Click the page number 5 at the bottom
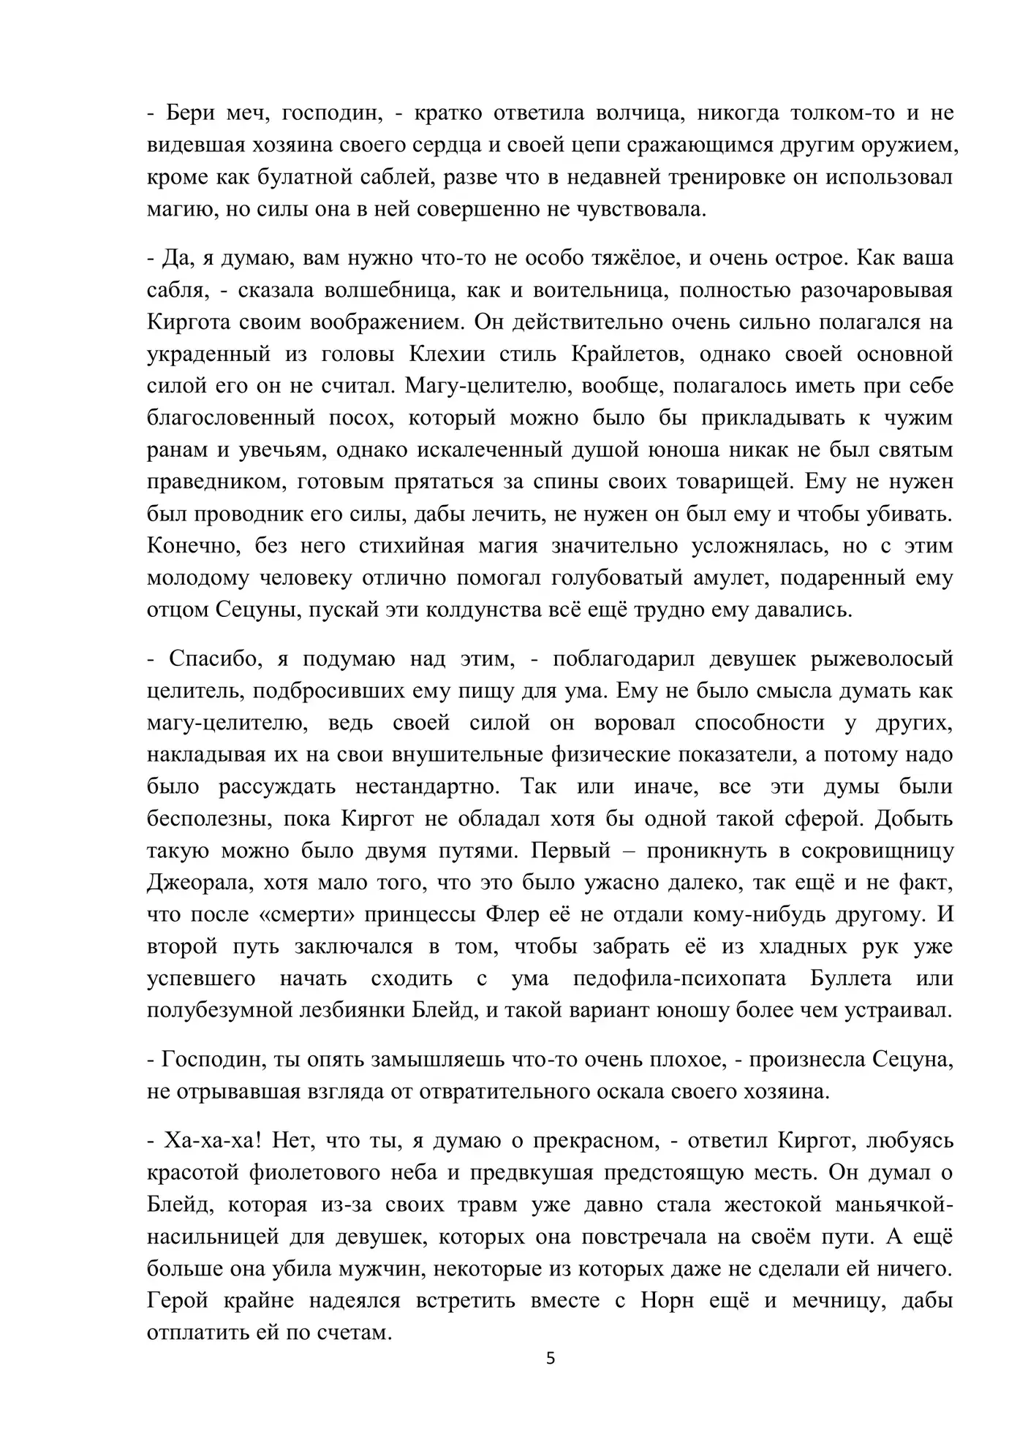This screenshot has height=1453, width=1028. click(x=551, y=1359)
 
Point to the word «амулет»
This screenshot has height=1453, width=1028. click(x=732, y=579)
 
